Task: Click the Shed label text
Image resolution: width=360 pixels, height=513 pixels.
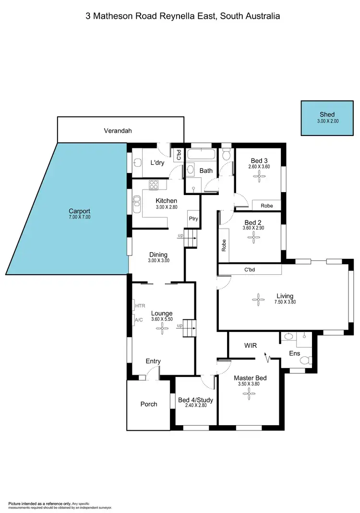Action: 326,114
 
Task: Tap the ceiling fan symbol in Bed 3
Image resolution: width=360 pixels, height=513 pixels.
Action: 259,176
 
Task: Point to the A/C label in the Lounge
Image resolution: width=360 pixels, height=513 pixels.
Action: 139,320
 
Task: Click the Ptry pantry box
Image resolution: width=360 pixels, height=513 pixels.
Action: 193,218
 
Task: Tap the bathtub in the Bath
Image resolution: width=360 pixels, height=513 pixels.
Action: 202,155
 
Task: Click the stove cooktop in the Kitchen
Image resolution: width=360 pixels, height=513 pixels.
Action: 154,184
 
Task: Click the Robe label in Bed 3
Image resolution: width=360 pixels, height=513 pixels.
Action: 267,206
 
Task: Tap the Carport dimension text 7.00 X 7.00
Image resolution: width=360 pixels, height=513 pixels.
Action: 80,217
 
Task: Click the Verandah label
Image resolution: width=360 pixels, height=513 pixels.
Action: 118,130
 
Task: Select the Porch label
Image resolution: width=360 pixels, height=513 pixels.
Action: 149,404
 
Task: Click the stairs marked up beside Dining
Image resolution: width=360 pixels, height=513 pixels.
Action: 192,238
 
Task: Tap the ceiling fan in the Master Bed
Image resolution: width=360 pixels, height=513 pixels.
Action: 249,395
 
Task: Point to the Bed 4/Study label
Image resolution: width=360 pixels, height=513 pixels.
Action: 195,400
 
